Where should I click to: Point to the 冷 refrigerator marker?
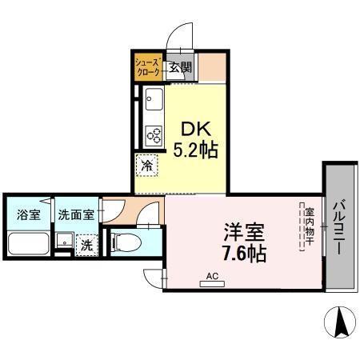pyautogui.click(x=147, y=166)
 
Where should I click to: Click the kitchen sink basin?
pyautogui.click(x=153, y=100)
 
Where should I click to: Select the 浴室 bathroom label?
pyautogui.click(x=28, y=214)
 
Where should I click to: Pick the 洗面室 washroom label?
pyautogui.click(x=76, y=214)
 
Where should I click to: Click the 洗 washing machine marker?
pyautogui.click(x=86, y=245)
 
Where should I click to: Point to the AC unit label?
pyautogui.click(x=212, y=277)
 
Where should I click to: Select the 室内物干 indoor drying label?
pyautogui.click(x=308, y=227)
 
